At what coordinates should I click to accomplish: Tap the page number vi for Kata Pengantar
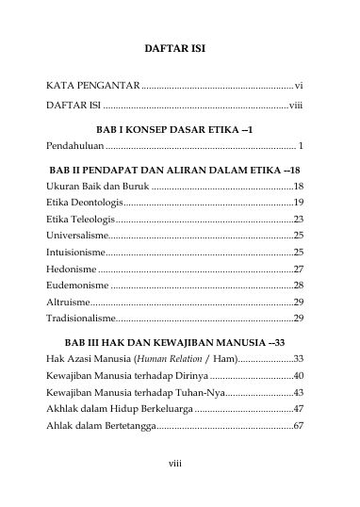[298, 87]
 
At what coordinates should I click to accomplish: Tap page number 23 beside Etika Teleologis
[298, 218]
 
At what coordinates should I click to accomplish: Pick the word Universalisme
[78, 235]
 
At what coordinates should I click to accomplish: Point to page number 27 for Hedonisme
[298, 269]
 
